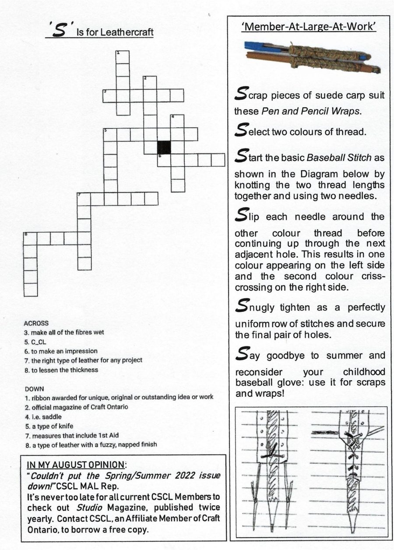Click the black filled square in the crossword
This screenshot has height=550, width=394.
164,148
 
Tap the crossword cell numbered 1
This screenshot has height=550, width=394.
123,57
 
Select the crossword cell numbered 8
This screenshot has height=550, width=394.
31,238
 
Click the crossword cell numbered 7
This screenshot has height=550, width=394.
84,199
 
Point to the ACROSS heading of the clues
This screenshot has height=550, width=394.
36,323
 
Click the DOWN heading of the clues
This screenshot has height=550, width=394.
35,389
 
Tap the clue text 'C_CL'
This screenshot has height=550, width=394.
39,342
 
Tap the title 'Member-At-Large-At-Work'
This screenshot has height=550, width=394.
309,27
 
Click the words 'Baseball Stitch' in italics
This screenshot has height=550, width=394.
339,157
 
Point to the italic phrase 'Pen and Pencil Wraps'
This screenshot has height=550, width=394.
310,111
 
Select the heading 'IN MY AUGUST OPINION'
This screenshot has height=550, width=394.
76,465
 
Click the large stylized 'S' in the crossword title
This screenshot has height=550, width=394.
59,30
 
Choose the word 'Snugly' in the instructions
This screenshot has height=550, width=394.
254,307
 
